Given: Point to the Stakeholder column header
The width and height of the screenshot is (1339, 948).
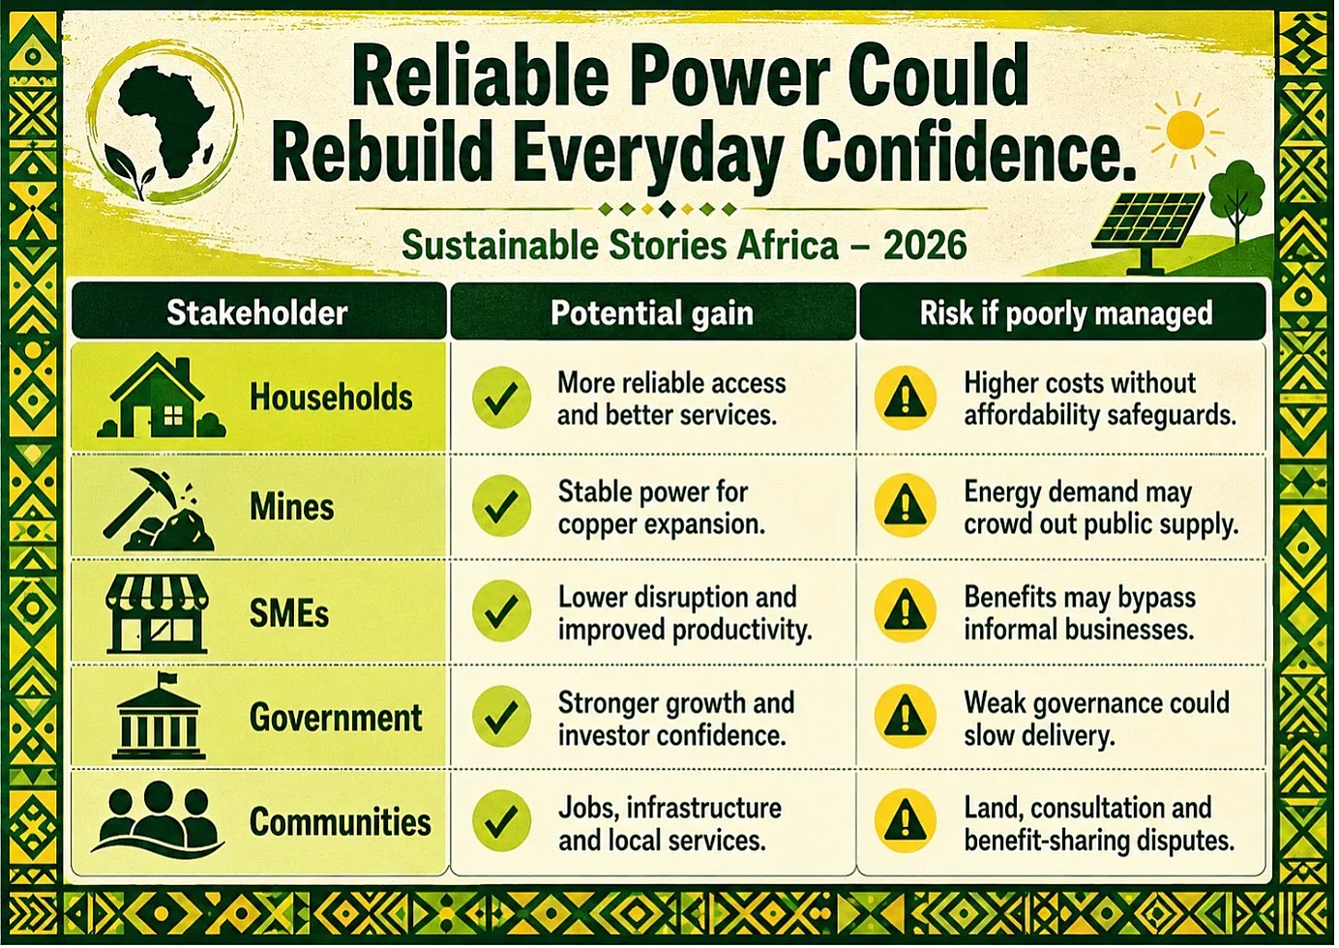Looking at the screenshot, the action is click(258, 312).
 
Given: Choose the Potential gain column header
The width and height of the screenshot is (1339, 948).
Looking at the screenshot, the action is click(653, 312).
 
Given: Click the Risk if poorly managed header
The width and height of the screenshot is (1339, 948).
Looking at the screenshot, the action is click(1063, 312).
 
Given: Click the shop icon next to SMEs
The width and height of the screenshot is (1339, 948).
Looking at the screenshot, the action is click(157, 614).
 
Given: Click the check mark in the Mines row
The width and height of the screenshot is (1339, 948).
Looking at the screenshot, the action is click(501, 506).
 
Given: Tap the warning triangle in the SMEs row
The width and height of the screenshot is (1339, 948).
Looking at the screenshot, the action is click(905, 611).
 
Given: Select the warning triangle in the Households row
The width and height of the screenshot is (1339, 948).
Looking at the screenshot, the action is click(905, 398).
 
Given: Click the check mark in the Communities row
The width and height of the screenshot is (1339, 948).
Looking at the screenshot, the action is click(501, 820).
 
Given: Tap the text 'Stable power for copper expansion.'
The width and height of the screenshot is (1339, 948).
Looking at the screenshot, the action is click(661, 508).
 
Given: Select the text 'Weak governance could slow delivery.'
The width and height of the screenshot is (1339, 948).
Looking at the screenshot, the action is click(1096, 719).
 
